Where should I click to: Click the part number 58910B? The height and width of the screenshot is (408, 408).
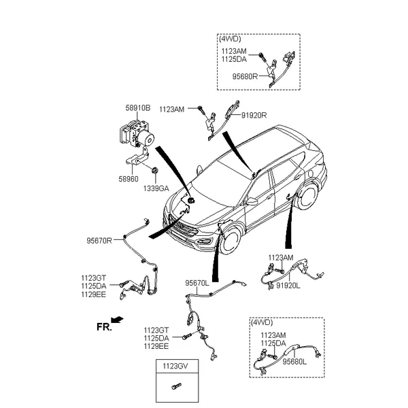pos(138,108)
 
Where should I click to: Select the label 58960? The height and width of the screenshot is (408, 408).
pos(129,179)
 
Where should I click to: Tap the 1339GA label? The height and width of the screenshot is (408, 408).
pos(156,188)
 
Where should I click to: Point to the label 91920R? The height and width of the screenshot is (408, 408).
pos(254,116)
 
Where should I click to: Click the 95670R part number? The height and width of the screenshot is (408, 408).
pos(99,241)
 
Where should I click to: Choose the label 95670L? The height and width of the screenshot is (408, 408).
pos(197,283)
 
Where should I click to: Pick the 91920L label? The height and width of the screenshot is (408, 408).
pos(288,286)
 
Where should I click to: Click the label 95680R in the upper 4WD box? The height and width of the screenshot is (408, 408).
pos(245,76)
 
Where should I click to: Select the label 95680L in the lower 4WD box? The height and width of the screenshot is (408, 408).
pos(295,362)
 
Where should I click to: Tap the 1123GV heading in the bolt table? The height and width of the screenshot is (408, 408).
pos(175,366)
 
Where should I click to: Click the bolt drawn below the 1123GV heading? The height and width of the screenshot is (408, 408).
pos(177,386)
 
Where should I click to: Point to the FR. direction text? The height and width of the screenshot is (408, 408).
pos(104,327)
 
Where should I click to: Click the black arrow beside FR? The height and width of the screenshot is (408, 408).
pos(117,320)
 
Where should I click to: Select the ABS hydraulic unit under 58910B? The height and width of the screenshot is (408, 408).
pos(137,133)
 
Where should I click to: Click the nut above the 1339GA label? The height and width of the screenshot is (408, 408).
pos(155,170)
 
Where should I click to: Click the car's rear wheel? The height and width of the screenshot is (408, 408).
pos(308,196)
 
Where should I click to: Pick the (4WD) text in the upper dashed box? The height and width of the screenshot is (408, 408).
pos(230,39)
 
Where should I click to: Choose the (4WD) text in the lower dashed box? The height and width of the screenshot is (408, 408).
pos(262,322)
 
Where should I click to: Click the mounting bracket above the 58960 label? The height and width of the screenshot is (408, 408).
pos(138,158)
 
